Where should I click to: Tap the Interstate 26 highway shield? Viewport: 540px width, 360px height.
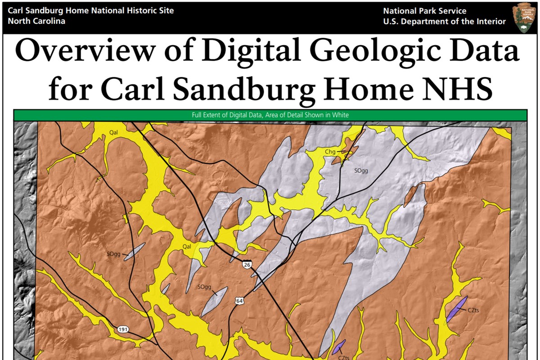(x=247, y=265)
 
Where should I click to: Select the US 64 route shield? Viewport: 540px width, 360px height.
(x=239, y=300)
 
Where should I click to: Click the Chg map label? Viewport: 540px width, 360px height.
(x=330, y=152)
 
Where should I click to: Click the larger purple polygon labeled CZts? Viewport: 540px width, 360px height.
(x=457, y=308)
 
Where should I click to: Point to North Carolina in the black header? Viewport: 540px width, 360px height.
(x=36, y=21)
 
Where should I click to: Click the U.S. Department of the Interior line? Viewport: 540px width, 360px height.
(x=444, y=22)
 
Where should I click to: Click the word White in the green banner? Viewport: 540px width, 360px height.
(x=341, y=115)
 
